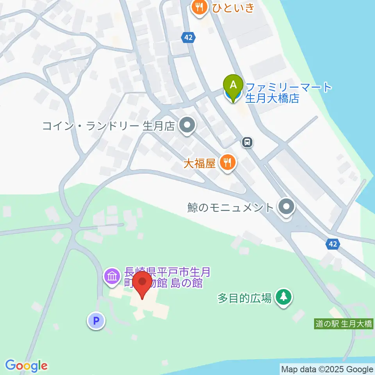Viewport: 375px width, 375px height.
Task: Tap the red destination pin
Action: [142, 284]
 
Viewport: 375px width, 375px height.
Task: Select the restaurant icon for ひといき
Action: [200, 7]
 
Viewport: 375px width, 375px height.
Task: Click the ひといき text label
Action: [234, 7]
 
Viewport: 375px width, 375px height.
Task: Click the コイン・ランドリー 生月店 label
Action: [108, 126]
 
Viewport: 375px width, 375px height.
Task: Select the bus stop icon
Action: [247, 142]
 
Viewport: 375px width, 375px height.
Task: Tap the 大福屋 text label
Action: [200, 163]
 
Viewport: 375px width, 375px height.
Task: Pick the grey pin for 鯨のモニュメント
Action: [287, 207]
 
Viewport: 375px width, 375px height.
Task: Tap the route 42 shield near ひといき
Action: [188, 37]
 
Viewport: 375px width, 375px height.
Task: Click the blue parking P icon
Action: [96, 321]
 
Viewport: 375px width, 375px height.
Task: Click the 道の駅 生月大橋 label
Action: [344, 324]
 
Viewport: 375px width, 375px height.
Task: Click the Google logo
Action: [26, 366]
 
